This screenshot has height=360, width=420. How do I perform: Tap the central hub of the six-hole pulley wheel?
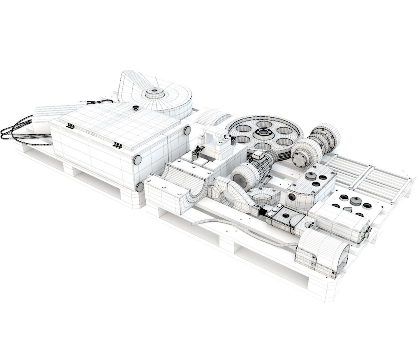pos(264,133)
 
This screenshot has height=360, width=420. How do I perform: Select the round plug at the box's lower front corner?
pos(139,187)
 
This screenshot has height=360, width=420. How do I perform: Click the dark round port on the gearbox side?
pos(291,196)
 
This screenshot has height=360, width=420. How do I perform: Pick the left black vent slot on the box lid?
pos(71,126)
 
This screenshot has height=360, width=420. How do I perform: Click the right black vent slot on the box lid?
pos(117,145)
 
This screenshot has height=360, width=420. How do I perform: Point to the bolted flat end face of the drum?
pos(301,157)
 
